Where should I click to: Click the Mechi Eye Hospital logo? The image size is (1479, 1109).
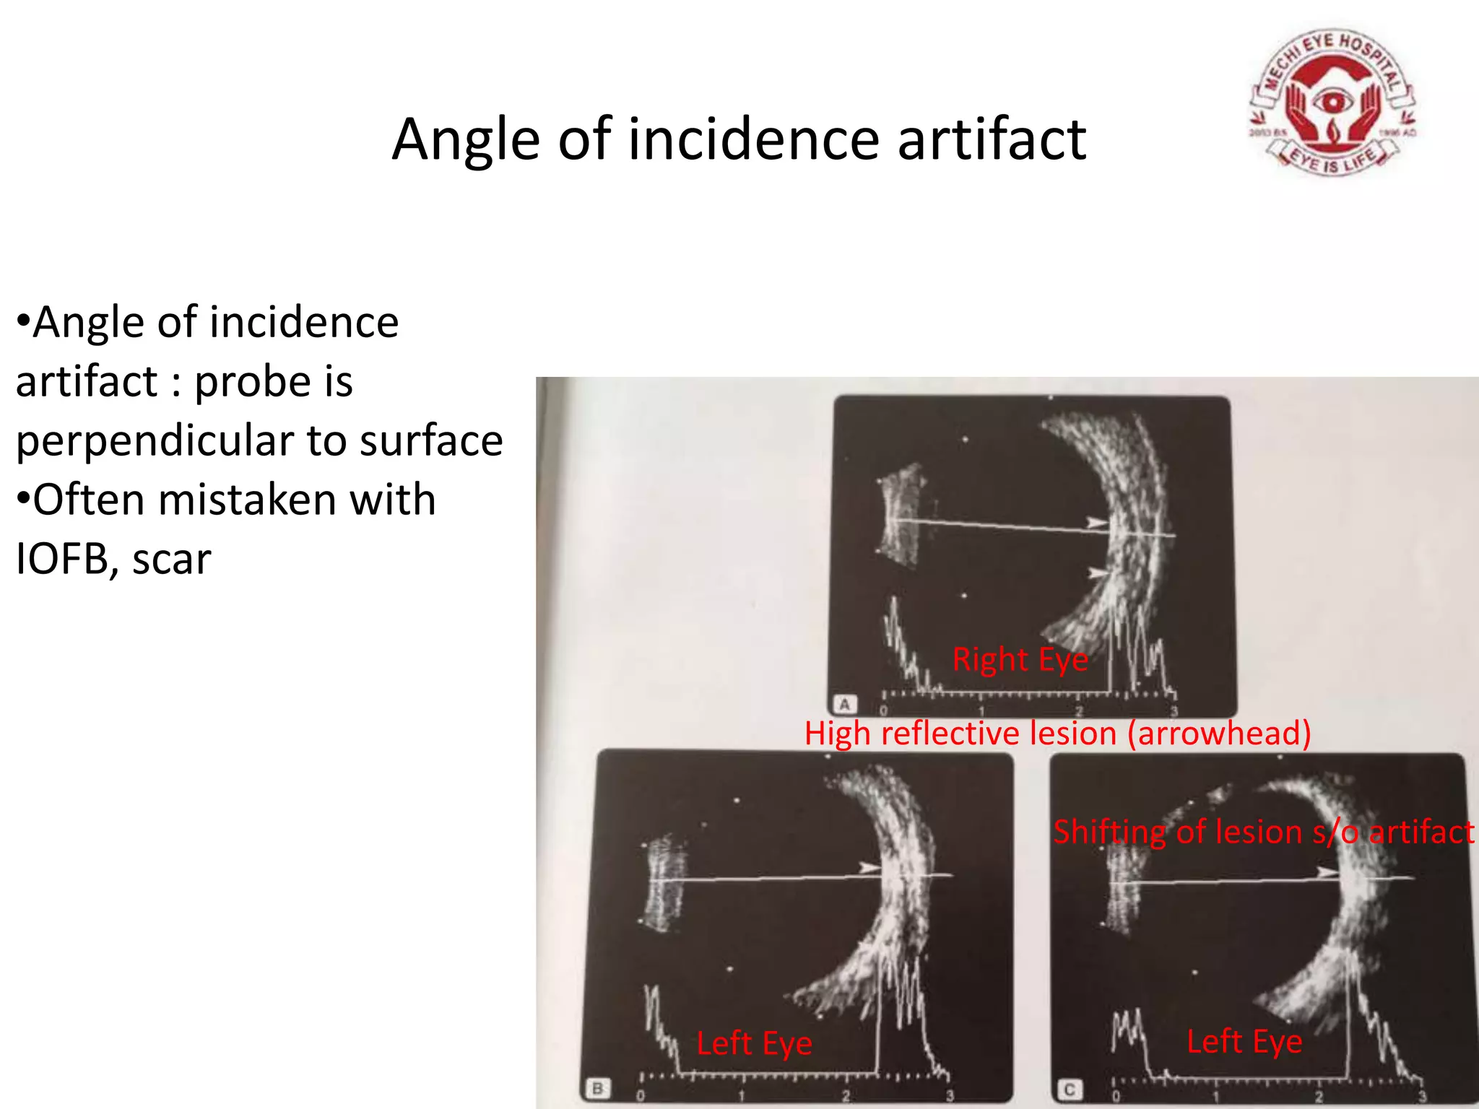(x=1332, y=103)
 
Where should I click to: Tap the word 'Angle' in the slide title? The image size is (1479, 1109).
(x=466, y=139)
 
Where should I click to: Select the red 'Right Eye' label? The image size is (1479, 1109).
(x=1020, y=659)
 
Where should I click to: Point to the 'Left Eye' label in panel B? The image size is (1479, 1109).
(x=754, y=1043)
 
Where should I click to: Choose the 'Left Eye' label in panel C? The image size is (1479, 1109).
(x=1244, y=1041)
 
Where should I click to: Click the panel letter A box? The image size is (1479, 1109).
(x=844, y=704)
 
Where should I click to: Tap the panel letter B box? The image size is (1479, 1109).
(x=597, y=1088)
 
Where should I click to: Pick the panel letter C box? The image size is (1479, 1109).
(x=1069, y=1089)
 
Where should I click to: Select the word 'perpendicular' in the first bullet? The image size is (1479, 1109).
(x=155, y=440)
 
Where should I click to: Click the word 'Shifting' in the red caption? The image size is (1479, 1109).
(x=1109, y=832)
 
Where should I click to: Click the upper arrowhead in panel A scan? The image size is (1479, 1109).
(x=1097, y=522)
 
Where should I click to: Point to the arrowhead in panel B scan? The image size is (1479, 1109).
(x=869, y=868)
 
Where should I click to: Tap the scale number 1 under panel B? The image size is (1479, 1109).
(x=741, y=1095)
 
